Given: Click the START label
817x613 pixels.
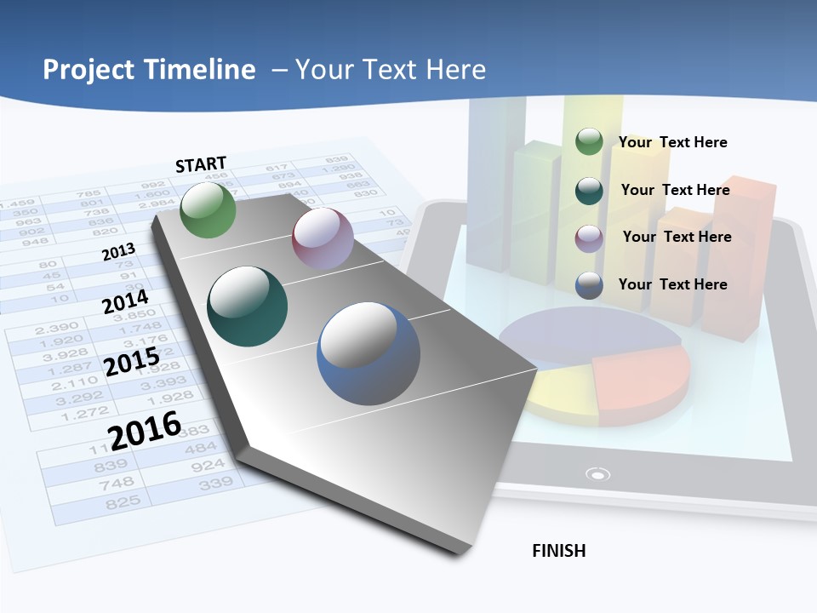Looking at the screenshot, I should pyautogui.click(x=201, y=164).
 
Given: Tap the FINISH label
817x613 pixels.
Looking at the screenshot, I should pyautogui.click(x=558, y=551).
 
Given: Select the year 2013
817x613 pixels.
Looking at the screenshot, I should pyautogui.click(x=118, y=252).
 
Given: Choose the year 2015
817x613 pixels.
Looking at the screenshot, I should pyautogui.click(x=131, y=363).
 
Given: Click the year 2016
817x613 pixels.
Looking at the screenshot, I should pyautogui.click(x=145, y=430).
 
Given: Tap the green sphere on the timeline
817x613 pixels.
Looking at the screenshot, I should pyautogui.click(x=209, y=210).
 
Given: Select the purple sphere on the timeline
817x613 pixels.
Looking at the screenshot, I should pyautogui.click(x=323, y=238).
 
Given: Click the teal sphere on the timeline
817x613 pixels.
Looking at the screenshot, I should pyautogui.click(x=248, y=306).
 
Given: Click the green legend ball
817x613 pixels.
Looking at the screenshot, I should pyautogui.click(x=589, y=142).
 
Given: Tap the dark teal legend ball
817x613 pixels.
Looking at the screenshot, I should pyautogui.click(x=589, y=191).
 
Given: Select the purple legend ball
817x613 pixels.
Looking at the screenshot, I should pyautogui.click(x=589, y=238).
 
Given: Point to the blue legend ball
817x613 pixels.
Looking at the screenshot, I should pyautogui.click(x=589, y=285).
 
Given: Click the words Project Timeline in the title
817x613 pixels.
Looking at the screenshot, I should pyautogui.click(x=149, y=70).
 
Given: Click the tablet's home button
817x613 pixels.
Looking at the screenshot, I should pyautogui.click(x=598, y=474).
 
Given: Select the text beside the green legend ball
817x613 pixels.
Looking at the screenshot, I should pyautogui.click(x=672, y=142).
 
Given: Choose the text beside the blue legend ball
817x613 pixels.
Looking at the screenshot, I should pyautogui.click(x=672, y=284).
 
